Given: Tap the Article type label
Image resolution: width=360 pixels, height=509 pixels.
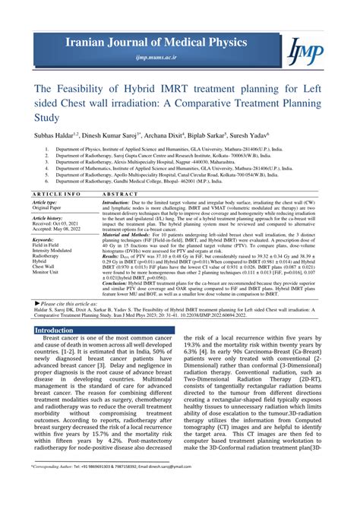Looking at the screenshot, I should point(45,203).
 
